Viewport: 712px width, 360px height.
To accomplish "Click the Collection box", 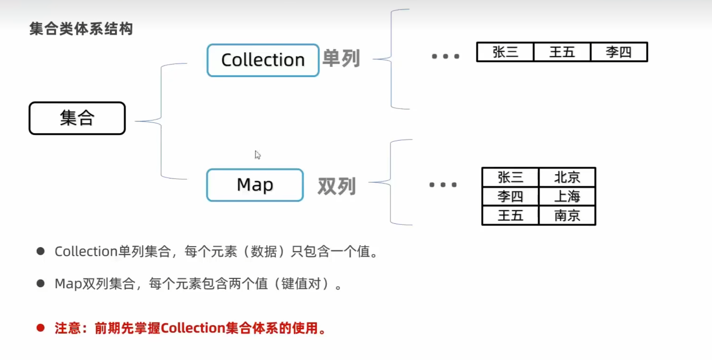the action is click(263, 60).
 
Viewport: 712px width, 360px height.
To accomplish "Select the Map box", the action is click(255, 185).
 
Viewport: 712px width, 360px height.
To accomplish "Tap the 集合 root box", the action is click(77, 118).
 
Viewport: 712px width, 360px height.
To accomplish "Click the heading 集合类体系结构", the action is click(81, 29).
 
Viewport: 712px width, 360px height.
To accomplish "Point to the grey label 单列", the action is click(341, 59).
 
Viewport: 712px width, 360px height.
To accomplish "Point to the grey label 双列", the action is click(336, 186).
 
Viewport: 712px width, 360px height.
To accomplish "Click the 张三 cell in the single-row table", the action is click(505, 52).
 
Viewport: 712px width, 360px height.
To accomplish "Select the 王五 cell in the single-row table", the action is click(562, 52).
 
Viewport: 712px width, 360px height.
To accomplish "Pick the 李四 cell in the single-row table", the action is click(619, 52).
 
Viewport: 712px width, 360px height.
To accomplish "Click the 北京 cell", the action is click(567, 177).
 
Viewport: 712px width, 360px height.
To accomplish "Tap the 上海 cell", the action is click(567, 196).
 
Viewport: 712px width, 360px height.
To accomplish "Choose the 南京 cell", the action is click(567, 215).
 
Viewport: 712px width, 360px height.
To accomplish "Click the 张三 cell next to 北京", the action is click(510, 177).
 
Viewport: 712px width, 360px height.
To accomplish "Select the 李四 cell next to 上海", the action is click(510, 196).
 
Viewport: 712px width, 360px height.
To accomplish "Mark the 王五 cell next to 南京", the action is click(510, 215).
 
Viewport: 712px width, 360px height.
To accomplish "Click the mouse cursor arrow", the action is click(257, 155).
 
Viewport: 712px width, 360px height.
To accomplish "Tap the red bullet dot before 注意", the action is click(41, 328).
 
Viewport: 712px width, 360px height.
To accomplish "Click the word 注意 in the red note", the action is click(68, 328).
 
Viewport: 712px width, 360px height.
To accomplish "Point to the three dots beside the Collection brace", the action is click(445, 56).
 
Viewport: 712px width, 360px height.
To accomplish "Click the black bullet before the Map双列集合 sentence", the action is click(41, 283).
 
